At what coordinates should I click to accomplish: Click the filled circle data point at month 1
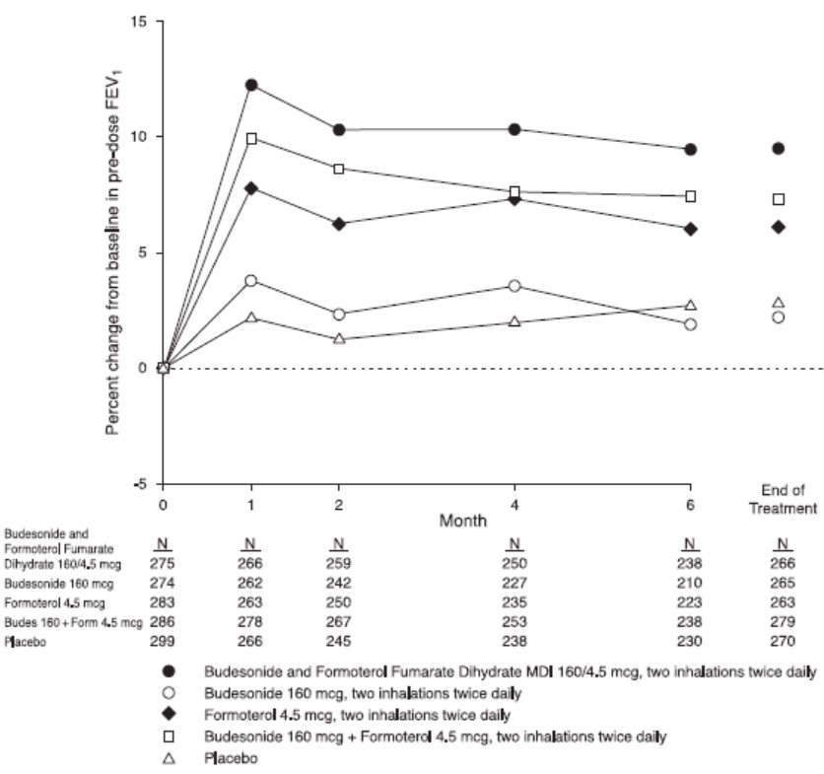pos(251,86)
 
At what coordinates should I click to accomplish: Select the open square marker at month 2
pos(339,169)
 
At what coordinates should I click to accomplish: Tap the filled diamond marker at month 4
pos(514,199)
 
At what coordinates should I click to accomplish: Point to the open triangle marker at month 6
pos(690,306)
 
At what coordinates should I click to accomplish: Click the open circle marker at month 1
pos(251,281)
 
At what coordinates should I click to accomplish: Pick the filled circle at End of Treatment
pos(778,148)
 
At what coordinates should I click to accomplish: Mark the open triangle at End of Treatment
pos(778,302)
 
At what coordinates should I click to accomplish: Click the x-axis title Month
pos(426,517)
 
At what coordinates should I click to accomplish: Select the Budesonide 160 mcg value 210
pos(690,582)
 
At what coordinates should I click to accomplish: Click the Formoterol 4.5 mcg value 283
pos(164,601)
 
